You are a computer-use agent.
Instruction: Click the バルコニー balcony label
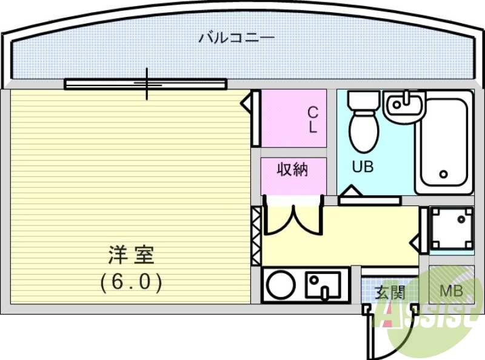click(x=236, y=38)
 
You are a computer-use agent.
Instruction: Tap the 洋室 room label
click(x=132, y=255)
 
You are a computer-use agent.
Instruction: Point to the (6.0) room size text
click(x=132, y=282)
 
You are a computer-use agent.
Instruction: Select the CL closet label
click(x=313, y=119)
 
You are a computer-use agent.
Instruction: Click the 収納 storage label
click(x=293, y=170)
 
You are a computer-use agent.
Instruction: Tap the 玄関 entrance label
click(x=389, y=293)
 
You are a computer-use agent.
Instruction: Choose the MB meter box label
click(x=451, y=292)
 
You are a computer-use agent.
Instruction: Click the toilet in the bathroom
click(x=364, y=128)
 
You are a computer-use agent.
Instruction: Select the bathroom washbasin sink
click(x=405, y=105)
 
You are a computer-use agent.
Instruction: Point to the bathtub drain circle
click(x=444, y=175)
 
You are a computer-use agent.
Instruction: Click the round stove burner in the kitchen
click(x=281, y=285)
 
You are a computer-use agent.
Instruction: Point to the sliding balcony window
click(x=145, y=84)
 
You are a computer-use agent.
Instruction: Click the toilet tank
click(x=364, y=100)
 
